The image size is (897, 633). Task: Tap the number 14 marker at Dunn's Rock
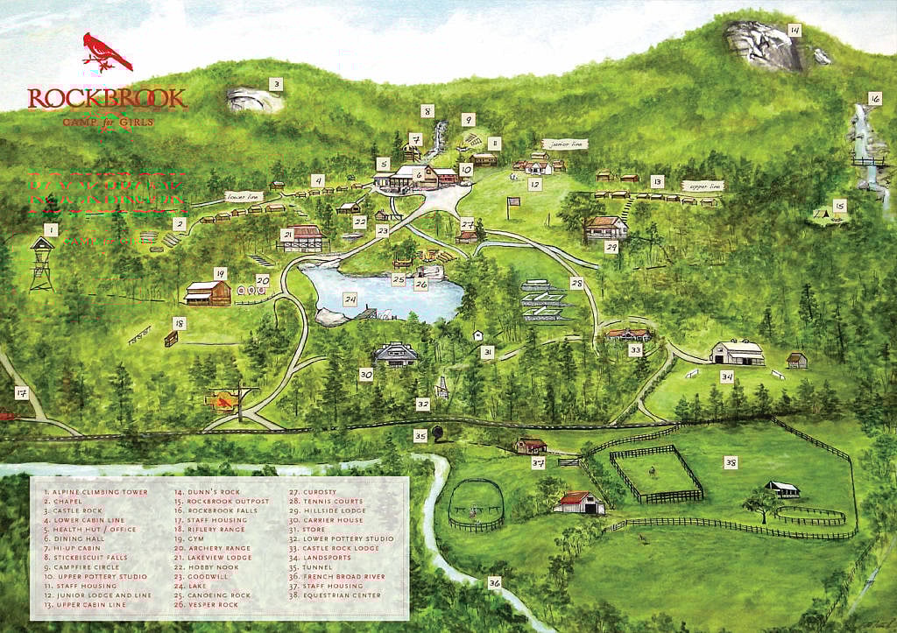pyautogui.click(x=794, y=30)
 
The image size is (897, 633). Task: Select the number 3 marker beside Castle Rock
pyautogui.click(x=275, y=85)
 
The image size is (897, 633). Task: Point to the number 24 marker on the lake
pyautogui.click(x=350, y=299)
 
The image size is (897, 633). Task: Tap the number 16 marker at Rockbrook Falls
pyautogui.click(x=873, y=98)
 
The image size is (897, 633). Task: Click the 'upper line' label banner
pyautogui.click(x=705, y=186)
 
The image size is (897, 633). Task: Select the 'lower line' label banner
pyautogui.click(x=243, y=197)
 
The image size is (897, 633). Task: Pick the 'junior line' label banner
pyautogui.click(x=563, y=143)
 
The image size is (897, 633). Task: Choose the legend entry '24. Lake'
pyautogui.click(x=200, y=586)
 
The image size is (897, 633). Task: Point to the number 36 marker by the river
pyautogui.click(x=494, y=582)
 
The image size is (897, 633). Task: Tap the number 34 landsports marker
pyautogui.click(x=726, y=376)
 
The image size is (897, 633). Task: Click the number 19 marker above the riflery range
pyautogui.click(x=220, y=273)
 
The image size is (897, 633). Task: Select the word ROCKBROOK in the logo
pyautogui.click(x=106, y=98)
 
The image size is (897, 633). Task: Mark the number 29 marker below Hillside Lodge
pyautogui.click(x=611, y=248)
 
